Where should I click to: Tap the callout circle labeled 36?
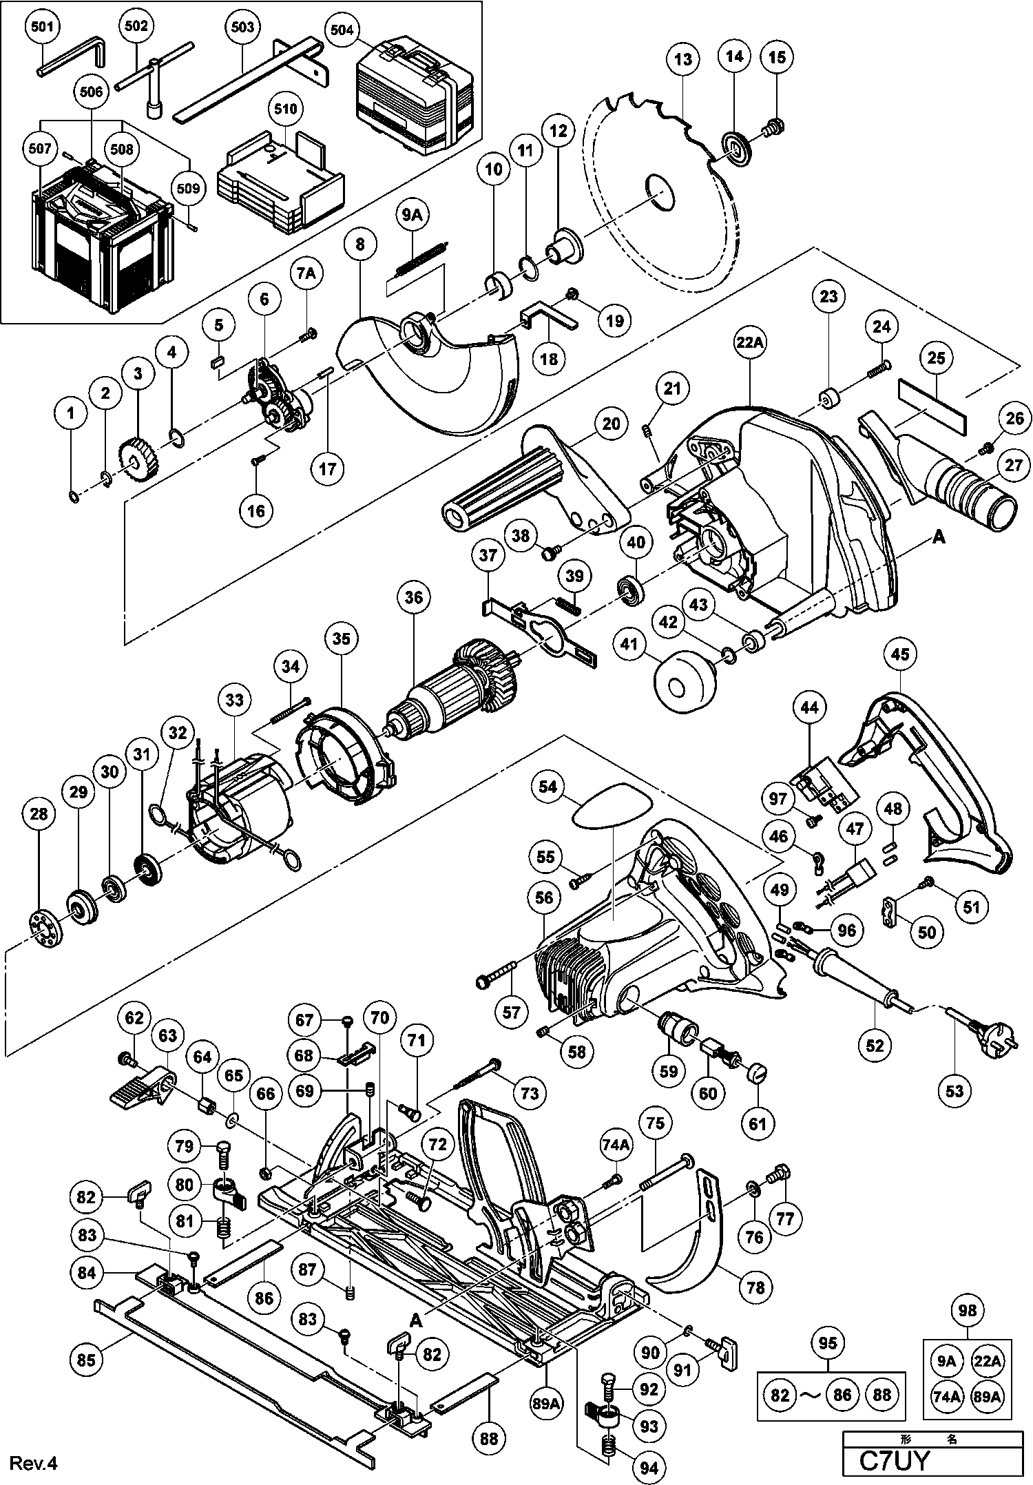(413, 597)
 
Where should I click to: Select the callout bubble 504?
(342, 30)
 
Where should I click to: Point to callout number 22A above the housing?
(750, 342)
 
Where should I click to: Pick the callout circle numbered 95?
(828, 1343)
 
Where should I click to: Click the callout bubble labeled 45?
(900, 654)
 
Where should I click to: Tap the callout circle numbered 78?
(755, 1287)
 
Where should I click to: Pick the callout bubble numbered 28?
(39, 814)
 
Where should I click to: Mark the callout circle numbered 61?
(757, 1125)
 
